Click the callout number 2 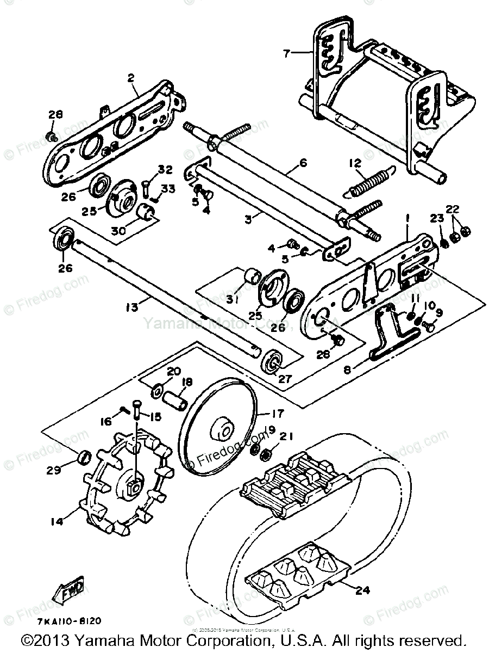tap(131, 78)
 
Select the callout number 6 tap(303, 163)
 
